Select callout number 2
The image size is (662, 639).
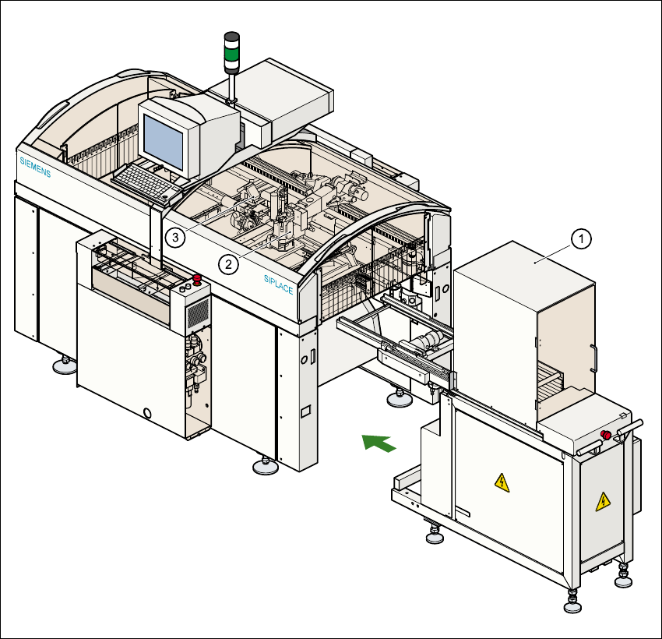click(228, 264)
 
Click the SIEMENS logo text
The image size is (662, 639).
click(35, 167)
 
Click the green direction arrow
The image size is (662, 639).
click(379, 443)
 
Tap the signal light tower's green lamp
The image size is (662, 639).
click(231, 55)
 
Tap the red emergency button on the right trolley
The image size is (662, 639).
click(604, 435)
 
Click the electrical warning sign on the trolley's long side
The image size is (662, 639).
click(502, 483)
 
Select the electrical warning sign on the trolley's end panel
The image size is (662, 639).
click(602, 502)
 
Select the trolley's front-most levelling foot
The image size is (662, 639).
click(572, 605)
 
